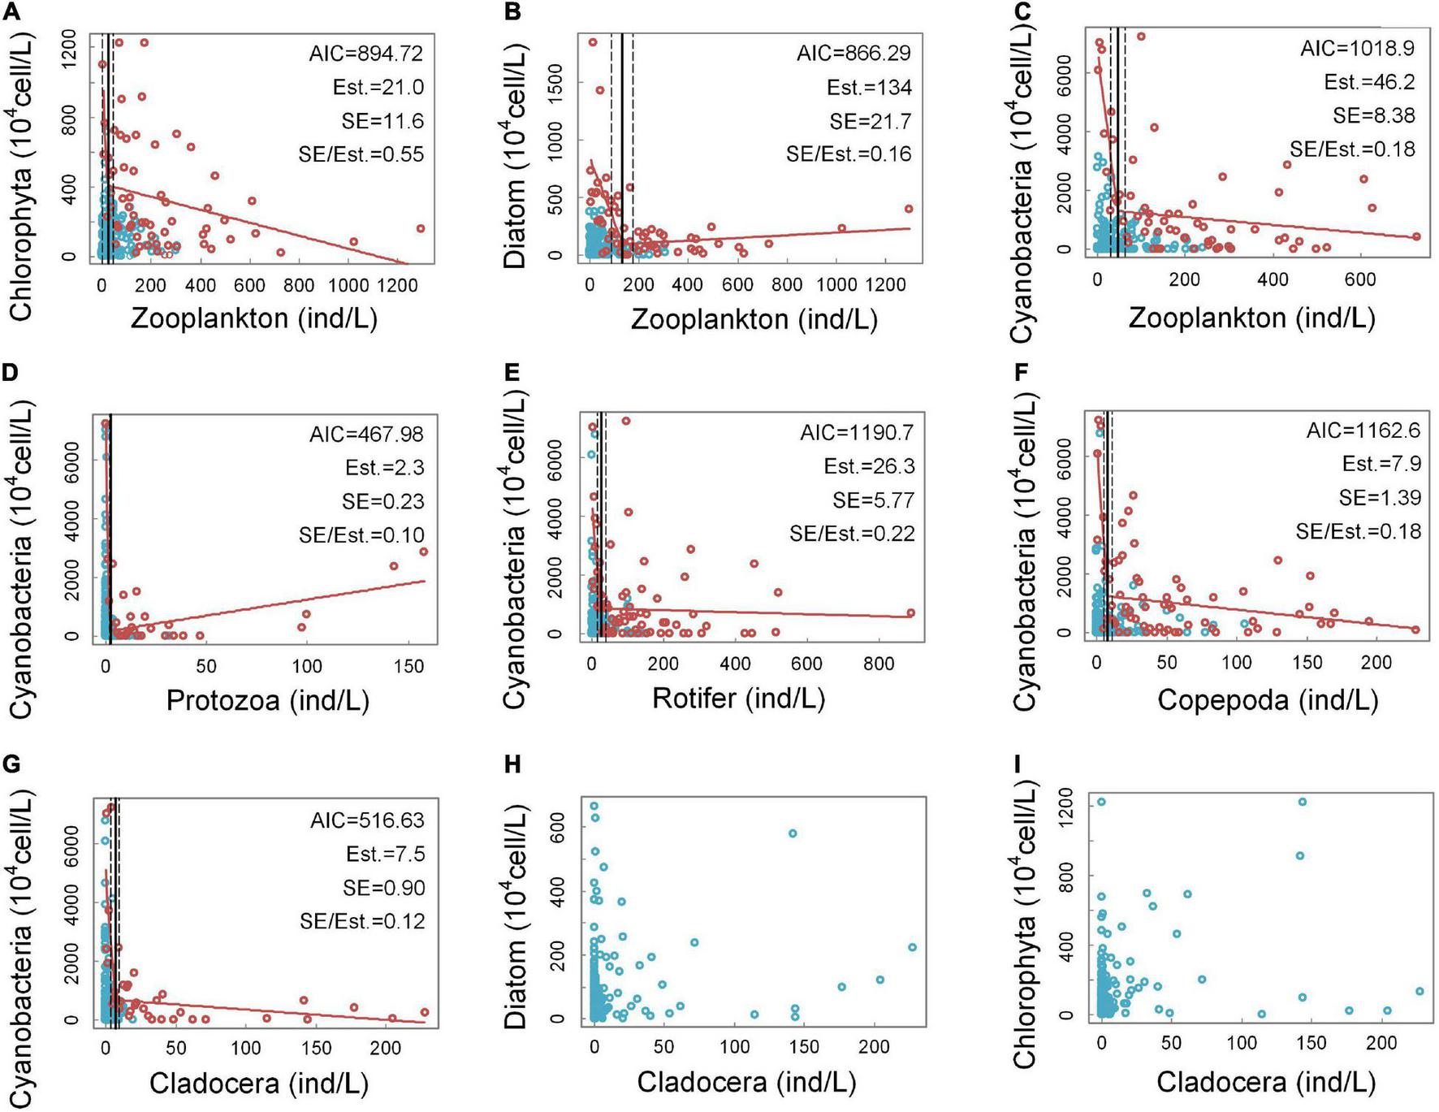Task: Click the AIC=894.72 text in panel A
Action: coord(365,54)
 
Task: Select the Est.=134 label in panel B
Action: coord(868,87)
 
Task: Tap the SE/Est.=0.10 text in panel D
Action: coord(361,535)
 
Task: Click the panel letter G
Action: coord(11,765)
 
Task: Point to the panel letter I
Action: coord(1018,765)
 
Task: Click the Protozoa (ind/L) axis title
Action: coord(268,699)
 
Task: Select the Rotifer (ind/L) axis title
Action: coord(738,698)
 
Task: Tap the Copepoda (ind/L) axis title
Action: coord(1268,699)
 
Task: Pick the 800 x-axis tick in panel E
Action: coord(878,664)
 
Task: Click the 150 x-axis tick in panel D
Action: coord(408,666)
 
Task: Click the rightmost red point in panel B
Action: coord(909,209)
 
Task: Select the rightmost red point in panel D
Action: coord(423,552)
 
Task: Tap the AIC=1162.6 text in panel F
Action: coord(1363,431)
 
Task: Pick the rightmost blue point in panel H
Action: coord(912,947)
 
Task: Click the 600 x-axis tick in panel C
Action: coord(1359,280)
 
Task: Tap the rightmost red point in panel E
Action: coord(910,613)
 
